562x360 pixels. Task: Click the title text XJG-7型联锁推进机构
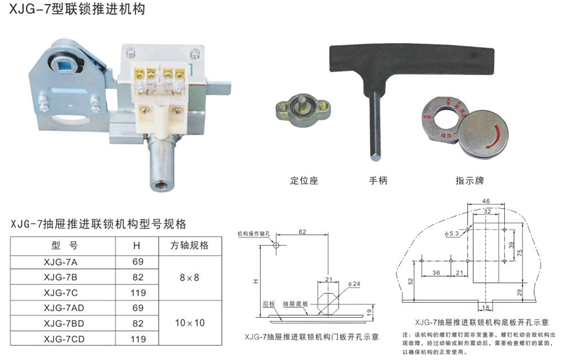click(x=66, y=11)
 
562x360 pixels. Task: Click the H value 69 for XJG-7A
click(x=137, y=259)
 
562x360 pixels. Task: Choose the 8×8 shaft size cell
click(x=189, y=275)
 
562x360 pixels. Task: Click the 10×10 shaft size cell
click(x=189, y=323)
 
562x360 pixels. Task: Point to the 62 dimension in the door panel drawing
click(x=301, y=232)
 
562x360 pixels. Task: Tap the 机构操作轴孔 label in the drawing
click(x=253, y=231)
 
